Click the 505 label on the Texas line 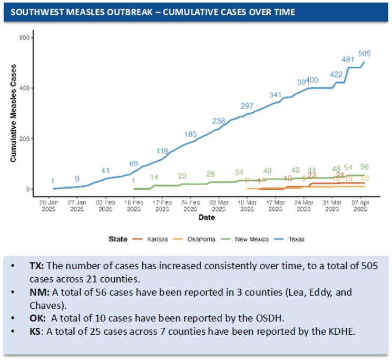coord(365,53)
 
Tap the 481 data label coord(348,60)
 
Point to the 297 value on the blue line coord(247,106)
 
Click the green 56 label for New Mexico coord(364,167)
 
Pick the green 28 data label coord(211,174)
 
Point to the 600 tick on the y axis coord(24,37)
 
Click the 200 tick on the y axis coord(24,139)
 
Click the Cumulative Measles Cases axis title coord(14,113)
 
